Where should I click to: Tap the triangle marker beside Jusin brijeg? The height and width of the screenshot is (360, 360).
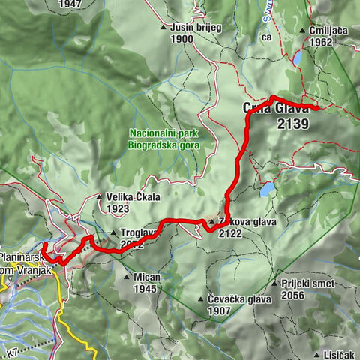164,28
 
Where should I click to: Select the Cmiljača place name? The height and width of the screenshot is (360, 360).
329,31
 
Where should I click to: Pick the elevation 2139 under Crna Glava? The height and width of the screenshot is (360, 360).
292,124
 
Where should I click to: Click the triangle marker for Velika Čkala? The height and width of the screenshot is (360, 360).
100,198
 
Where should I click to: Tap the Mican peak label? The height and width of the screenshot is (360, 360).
147,277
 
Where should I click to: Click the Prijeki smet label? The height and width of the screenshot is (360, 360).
309,284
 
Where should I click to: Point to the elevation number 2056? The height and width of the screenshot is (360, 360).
295,295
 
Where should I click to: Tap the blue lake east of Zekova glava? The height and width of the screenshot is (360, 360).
266,189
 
